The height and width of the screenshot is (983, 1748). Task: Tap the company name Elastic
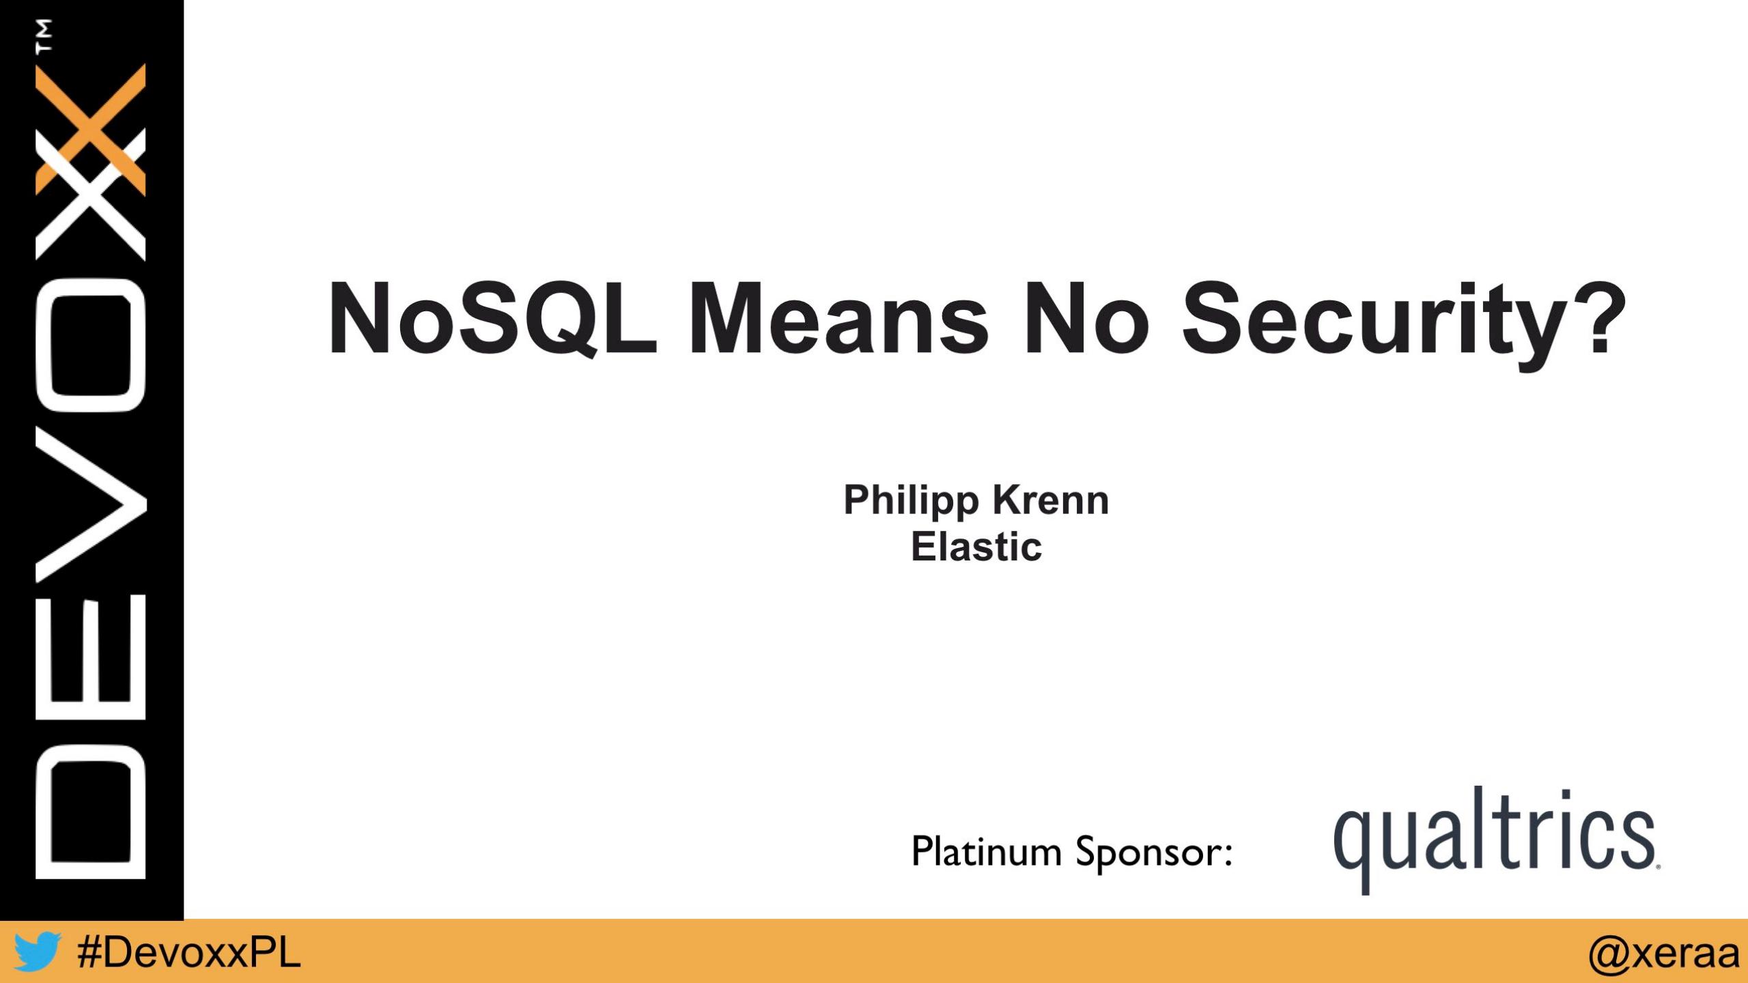coord(976,546)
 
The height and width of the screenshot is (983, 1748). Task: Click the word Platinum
coord(987,851)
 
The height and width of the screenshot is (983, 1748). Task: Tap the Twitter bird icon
coord(37,951)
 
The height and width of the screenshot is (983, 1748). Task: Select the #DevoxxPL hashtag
coord(189,952)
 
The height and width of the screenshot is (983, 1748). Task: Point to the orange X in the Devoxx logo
coord(90,129)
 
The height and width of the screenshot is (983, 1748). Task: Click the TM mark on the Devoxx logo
coord(44,35)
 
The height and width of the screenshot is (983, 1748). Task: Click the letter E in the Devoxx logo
coord(90,657)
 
